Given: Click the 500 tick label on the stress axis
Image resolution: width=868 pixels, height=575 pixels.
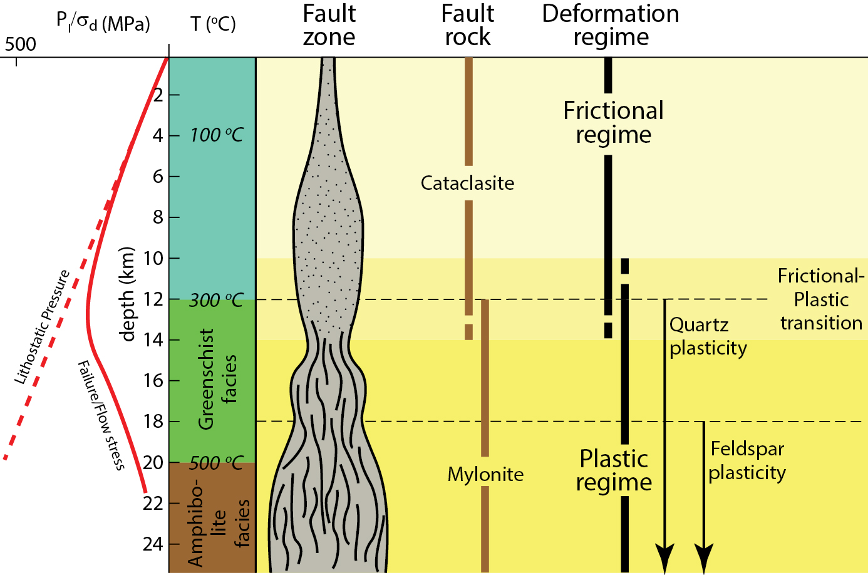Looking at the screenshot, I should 21,44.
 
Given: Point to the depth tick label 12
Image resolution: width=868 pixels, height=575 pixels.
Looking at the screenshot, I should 153,299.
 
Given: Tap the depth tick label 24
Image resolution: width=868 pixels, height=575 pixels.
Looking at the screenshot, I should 153,544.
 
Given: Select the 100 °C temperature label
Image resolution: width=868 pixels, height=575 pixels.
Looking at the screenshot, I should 217,135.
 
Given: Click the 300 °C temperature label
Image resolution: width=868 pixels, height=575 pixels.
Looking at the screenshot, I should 216,300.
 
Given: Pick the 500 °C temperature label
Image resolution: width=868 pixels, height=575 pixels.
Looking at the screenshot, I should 216,463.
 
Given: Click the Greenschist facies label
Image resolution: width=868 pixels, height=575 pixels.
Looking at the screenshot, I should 217,379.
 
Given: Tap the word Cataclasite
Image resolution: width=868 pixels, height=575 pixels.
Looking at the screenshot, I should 467,183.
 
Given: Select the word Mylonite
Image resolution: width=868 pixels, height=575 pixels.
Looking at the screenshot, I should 485,474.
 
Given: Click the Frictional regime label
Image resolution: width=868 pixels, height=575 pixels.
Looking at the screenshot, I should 613,122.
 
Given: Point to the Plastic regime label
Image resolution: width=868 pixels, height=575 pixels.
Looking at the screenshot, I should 614,470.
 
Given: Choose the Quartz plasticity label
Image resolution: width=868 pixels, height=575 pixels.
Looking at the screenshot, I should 708,336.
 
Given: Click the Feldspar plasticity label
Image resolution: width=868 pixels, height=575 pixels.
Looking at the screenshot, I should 747,460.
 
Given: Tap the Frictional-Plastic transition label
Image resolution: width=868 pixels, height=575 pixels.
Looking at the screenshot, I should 821,299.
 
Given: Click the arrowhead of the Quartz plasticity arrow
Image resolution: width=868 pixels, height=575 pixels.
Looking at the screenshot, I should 664,556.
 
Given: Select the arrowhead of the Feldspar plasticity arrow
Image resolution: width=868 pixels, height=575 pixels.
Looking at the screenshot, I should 704,556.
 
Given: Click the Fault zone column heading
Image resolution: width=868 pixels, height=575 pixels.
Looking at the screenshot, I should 329,25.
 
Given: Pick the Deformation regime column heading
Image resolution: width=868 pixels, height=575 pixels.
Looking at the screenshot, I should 611,25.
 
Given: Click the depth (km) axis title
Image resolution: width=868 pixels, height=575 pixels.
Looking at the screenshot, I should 127,294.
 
